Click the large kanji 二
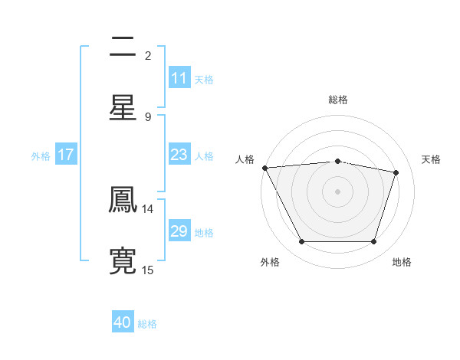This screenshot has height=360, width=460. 123,47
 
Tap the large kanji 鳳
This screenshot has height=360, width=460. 123,199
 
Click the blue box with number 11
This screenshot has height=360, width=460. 179,78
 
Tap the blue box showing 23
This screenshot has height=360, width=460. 179,155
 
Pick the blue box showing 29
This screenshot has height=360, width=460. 179,231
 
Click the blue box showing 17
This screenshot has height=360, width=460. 65,155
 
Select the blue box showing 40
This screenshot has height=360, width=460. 122,322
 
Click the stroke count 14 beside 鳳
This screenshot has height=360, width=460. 147,208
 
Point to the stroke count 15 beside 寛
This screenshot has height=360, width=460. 147,270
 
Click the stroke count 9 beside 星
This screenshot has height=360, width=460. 147,116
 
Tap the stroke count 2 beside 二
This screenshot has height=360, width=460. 147,55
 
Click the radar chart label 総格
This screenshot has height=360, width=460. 337,100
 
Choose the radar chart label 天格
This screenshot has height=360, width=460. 432,159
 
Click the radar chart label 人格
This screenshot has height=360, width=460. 245,159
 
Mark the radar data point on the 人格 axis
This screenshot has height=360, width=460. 264,168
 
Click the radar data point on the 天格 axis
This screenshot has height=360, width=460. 396,172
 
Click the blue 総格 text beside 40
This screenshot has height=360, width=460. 147,324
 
